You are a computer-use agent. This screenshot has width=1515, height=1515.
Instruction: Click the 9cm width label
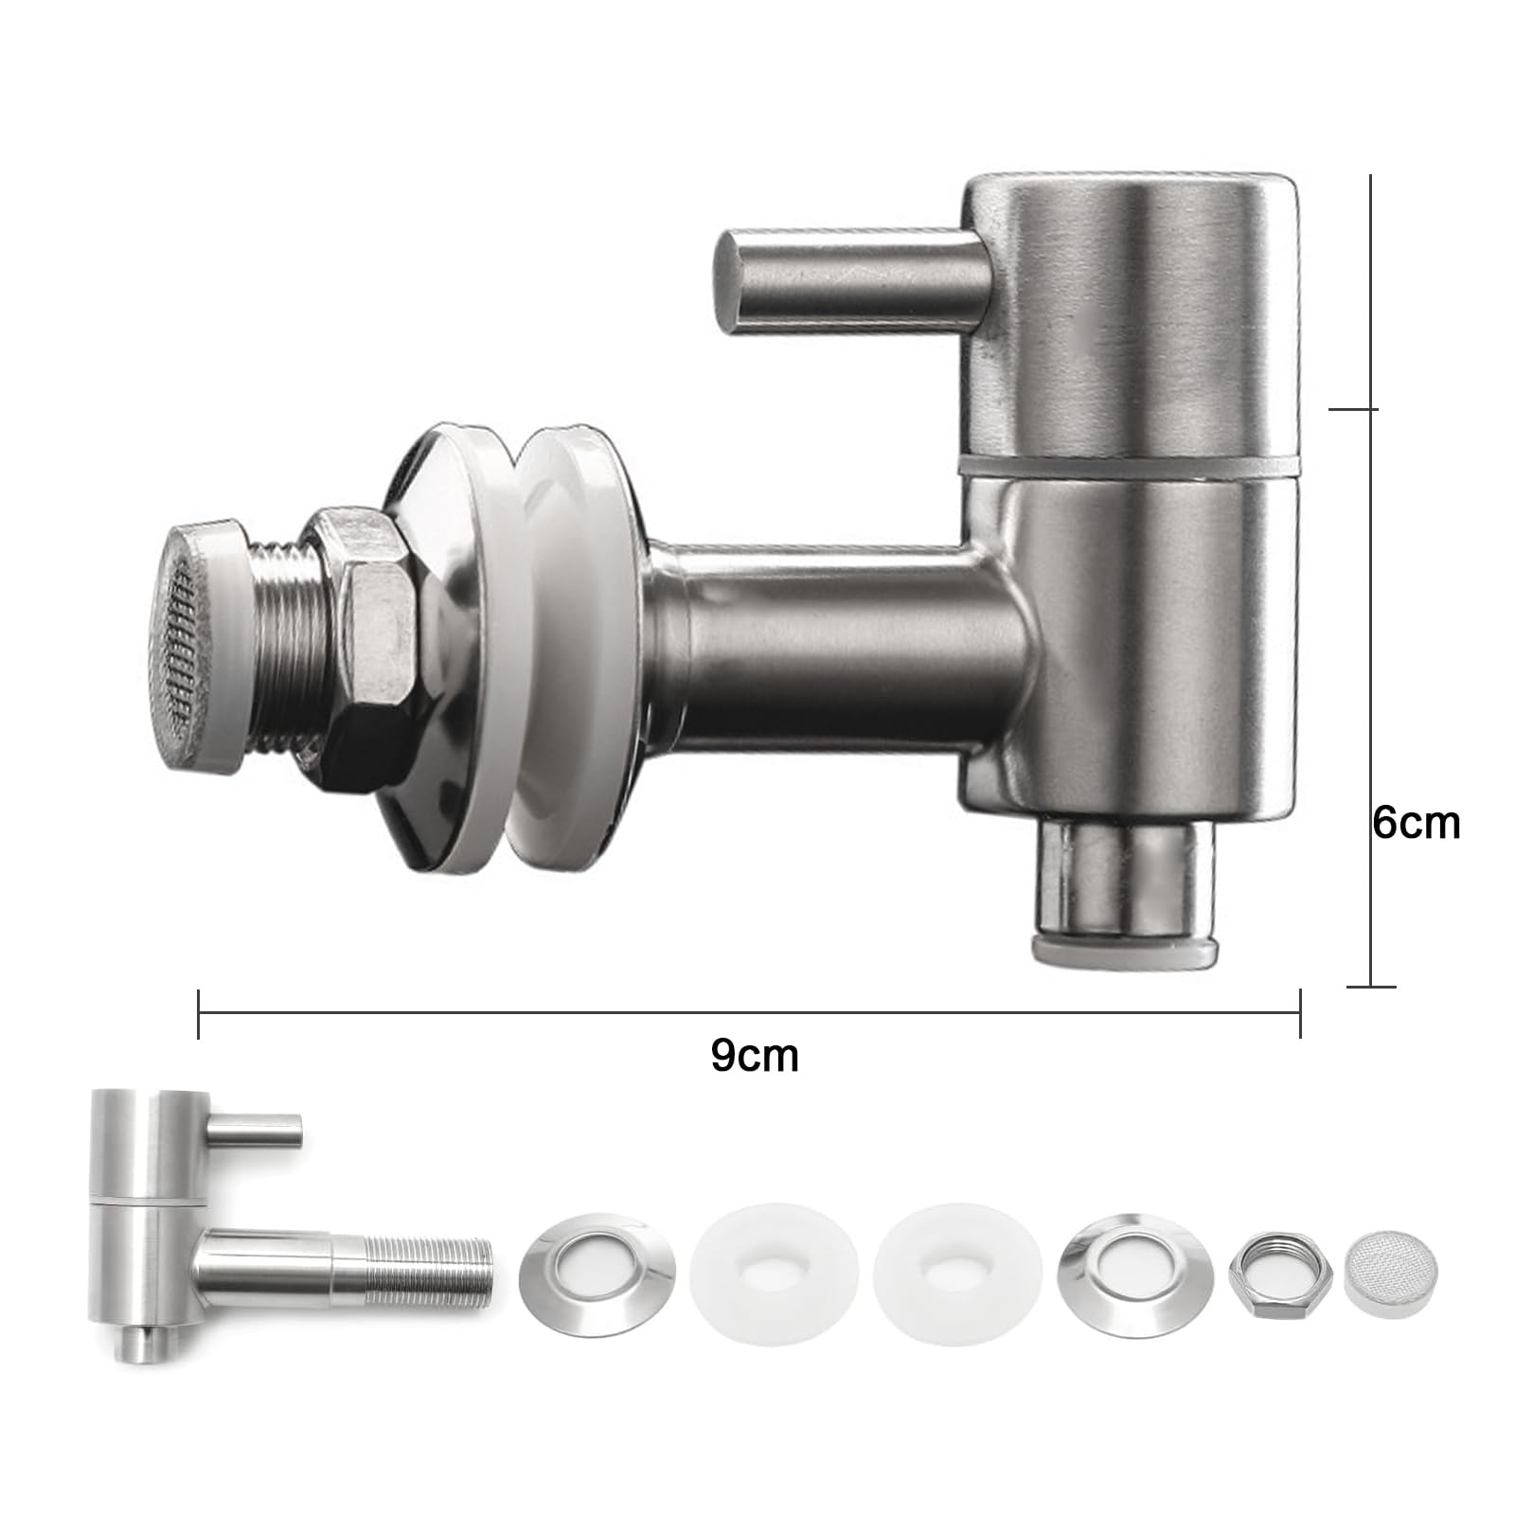pos(755,1056)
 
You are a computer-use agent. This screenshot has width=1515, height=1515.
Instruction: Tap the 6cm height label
pos(1417,823)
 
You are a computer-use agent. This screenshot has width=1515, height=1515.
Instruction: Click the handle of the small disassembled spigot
pos(255,1127)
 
